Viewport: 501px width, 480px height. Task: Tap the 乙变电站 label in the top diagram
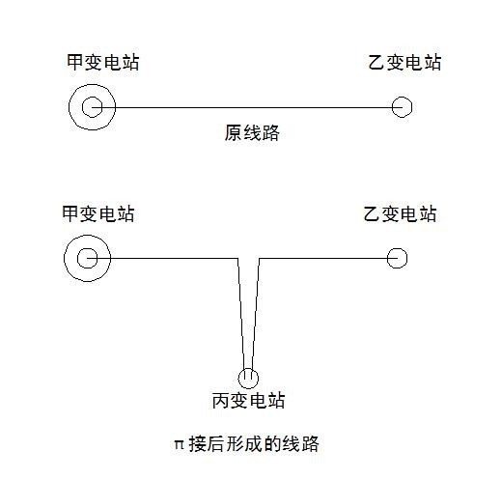(x=405, y=64)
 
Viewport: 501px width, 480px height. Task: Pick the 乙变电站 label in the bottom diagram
(x=400, y=213)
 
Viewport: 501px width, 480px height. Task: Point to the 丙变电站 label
(x=248, y=400)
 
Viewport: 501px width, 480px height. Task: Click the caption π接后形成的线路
(x=245, y=444)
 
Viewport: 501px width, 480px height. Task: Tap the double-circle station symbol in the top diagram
(x=93, y=107)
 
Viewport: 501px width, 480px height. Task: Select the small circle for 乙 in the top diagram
(x=403, y=107)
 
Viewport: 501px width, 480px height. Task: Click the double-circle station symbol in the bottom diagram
(x=88, y=258)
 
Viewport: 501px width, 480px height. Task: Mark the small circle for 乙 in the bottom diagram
(x=397, y=258)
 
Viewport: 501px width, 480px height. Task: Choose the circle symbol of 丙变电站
(x=249, y=377)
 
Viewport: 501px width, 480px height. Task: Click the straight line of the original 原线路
(x=251, y=107)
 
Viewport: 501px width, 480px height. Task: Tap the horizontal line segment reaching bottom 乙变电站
(x=323, y=258)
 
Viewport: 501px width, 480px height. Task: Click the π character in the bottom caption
(x=178, y=445)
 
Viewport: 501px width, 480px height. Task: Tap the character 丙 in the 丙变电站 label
(x=219, y=400)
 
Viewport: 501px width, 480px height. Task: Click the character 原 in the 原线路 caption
(x=233, y=134)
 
